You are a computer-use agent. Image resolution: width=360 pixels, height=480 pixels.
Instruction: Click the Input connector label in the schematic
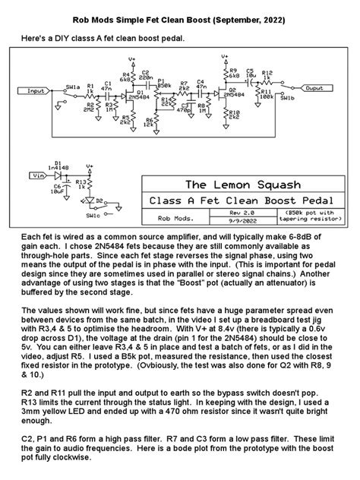click(37, 91)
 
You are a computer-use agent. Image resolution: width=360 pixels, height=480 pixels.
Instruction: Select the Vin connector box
click(35, 175)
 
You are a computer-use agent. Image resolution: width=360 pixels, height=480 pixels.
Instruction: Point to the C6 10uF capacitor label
click(58, 187)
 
